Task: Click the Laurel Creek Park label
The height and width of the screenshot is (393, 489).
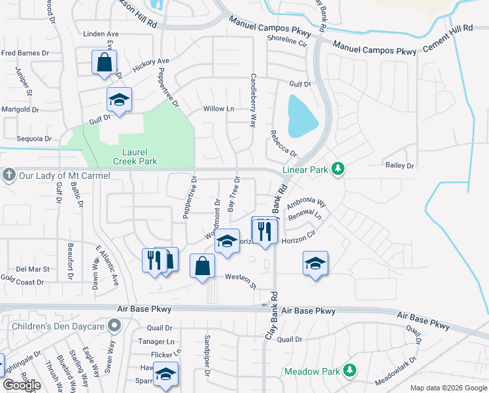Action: pos(135,155)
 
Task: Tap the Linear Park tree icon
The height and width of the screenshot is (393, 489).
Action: pos(337,170)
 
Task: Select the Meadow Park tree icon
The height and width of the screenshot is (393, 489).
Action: pos(350,371)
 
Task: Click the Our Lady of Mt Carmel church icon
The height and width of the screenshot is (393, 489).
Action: pos(8,175)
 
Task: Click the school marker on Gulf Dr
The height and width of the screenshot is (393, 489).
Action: pos(119,100)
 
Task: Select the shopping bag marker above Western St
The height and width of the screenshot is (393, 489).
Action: pos(202,266)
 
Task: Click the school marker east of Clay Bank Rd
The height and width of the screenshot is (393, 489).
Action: pos(315,263)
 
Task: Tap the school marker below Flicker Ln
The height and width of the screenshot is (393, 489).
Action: pos(166,373)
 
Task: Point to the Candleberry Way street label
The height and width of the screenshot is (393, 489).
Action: pos(252,98)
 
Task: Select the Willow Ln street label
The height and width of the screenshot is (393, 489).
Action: pos(218,109)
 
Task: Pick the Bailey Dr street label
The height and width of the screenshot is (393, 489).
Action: pos(400,166)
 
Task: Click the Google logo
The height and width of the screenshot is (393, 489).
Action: pos(21,384)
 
